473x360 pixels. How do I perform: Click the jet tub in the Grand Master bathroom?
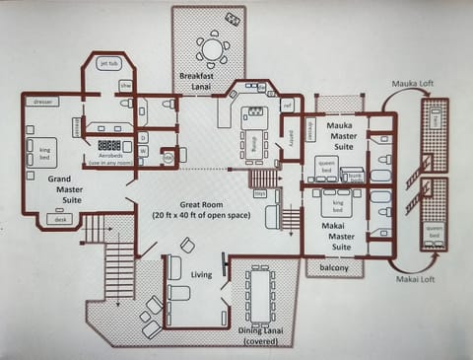[x=108, y=64]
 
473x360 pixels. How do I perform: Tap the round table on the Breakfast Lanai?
[x=211, y=48]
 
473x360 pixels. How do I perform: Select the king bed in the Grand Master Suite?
[x=45, y=152]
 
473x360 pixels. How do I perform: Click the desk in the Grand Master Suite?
[x=62, y=220]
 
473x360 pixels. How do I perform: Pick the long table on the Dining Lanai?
[x=261, y=295]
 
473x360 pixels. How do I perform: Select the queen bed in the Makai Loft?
[x=433, y=233]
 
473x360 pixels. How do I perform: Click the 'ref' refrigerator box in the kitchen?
[x=287, y=105]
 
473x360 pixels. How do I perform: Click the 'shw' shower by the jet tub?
[x=125, y=86]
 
